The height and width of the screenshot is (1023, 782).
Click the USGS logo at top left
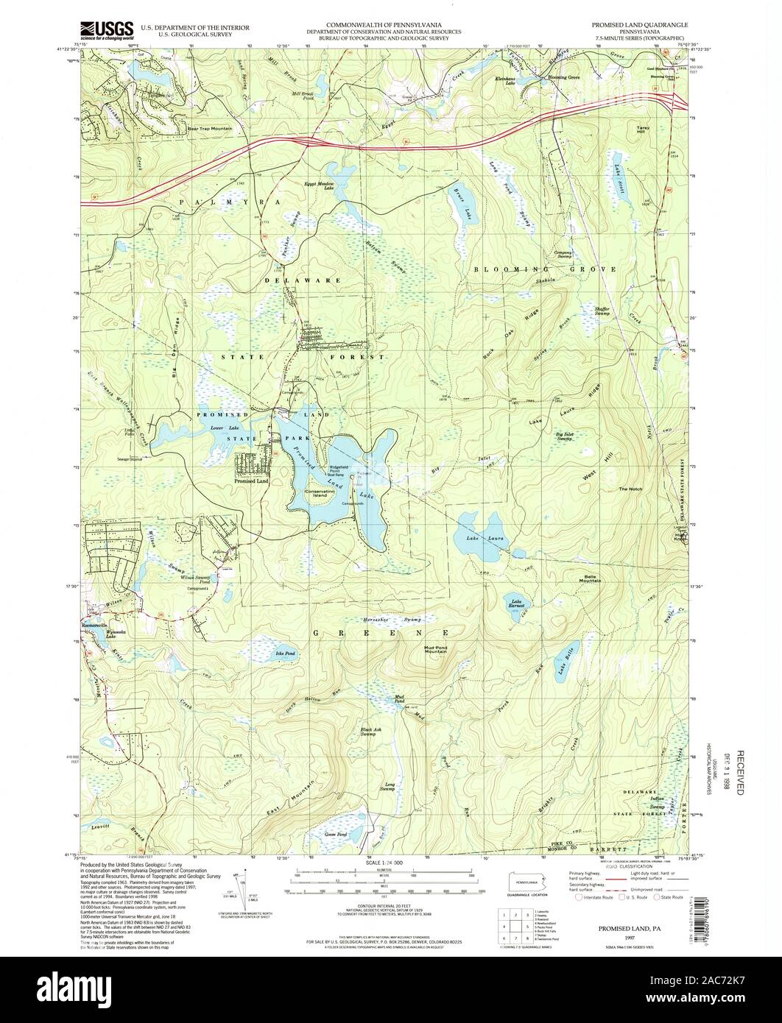coord(107,29)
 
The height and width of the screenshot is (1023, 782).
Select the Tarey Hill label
coord(641,130)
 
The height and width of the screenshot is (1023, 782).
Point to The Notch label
coord(631,489)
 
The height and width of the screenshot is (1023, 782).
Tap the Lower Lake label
coord(219,428)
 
